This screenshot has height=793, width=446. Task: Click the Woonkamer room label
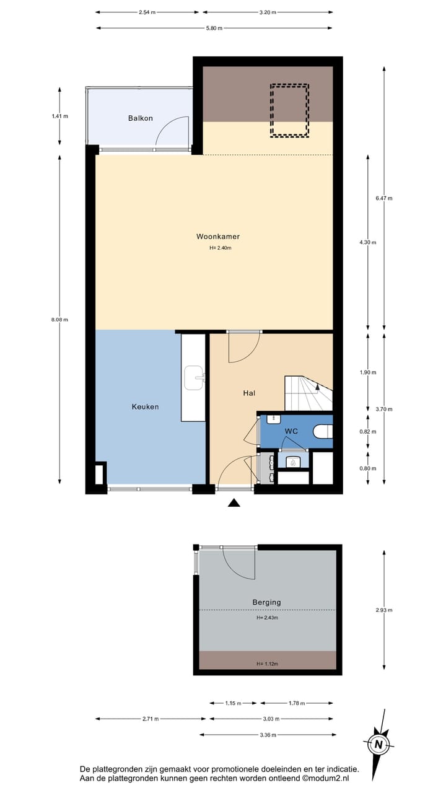pos(218,236)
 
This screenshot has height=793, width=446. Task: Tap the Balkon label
pos(140,118)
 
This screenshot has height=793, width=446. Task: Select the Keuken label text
pos(145,407)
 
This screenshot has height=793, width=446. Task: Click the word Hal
pos(249,393)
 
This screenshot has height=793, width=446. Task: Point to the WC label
pos(292,431)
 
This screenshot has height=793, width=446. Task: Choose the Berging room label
pos(266,602)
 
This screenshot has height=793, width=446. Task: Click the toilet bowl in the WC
pos(323,431)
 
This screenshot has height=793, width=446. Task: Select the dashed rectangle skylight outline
pos(289,110)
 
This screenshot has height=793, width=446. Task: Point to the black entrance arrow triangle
pos(234,503)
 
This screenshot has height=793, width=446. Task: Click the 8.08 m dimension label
pos(60,320)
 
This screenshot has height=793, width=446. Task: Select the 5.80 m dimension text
pos(214,28)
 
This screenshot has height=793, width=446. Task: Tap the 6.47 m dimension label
pos(384,198)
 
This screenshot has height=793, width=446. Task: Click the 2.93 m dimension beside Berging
pos(384,610)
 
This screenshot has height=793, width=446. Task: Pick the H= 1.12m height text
pos(267,664)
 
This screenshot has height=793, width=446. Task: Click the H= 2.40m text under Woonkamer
pos(221,248)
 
